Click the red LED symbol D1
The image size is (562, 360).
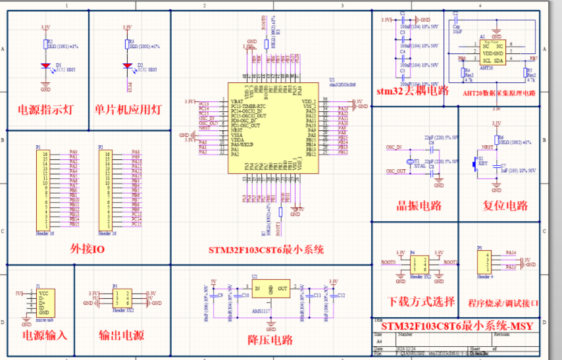click(45, 66)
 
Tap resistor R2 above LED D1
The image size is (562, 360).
click(45, 45)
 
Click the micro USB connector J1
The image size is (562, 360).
click(42, 302)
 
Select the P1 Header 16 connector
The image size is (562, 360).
click(45, 189)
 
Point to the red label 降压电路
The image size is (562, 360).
click(270, 340)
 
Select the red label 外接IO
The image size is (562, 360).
click(87, 249)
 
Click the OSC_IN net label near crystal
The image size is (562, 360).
click(394, 147)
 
